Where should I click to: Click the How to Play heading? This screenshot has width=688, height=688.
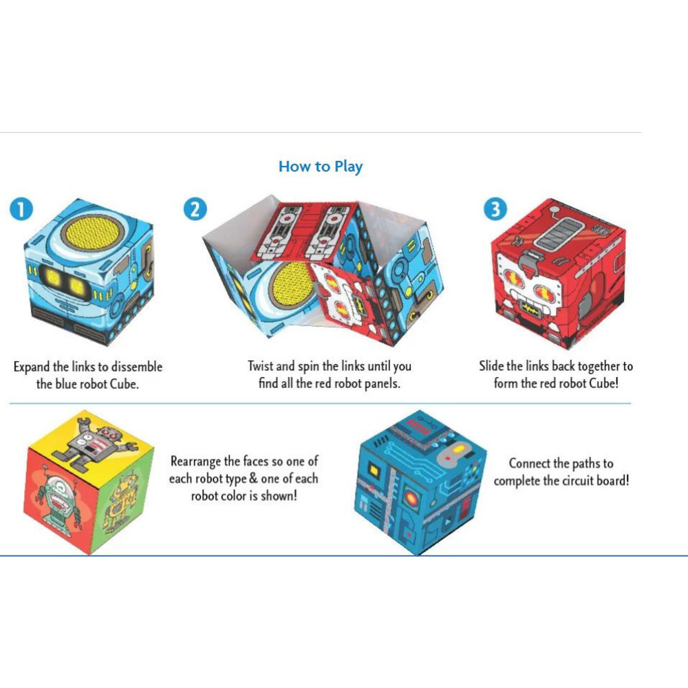(x=320, y=166)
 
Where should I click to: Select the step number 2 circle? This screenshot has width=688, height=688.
(x=195, y=209)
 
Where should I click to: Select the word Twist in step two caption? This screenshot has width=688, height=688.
(x=260, y=366)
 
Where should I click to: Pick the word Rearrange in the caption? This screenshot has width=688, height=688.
(x=197, y=461)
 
